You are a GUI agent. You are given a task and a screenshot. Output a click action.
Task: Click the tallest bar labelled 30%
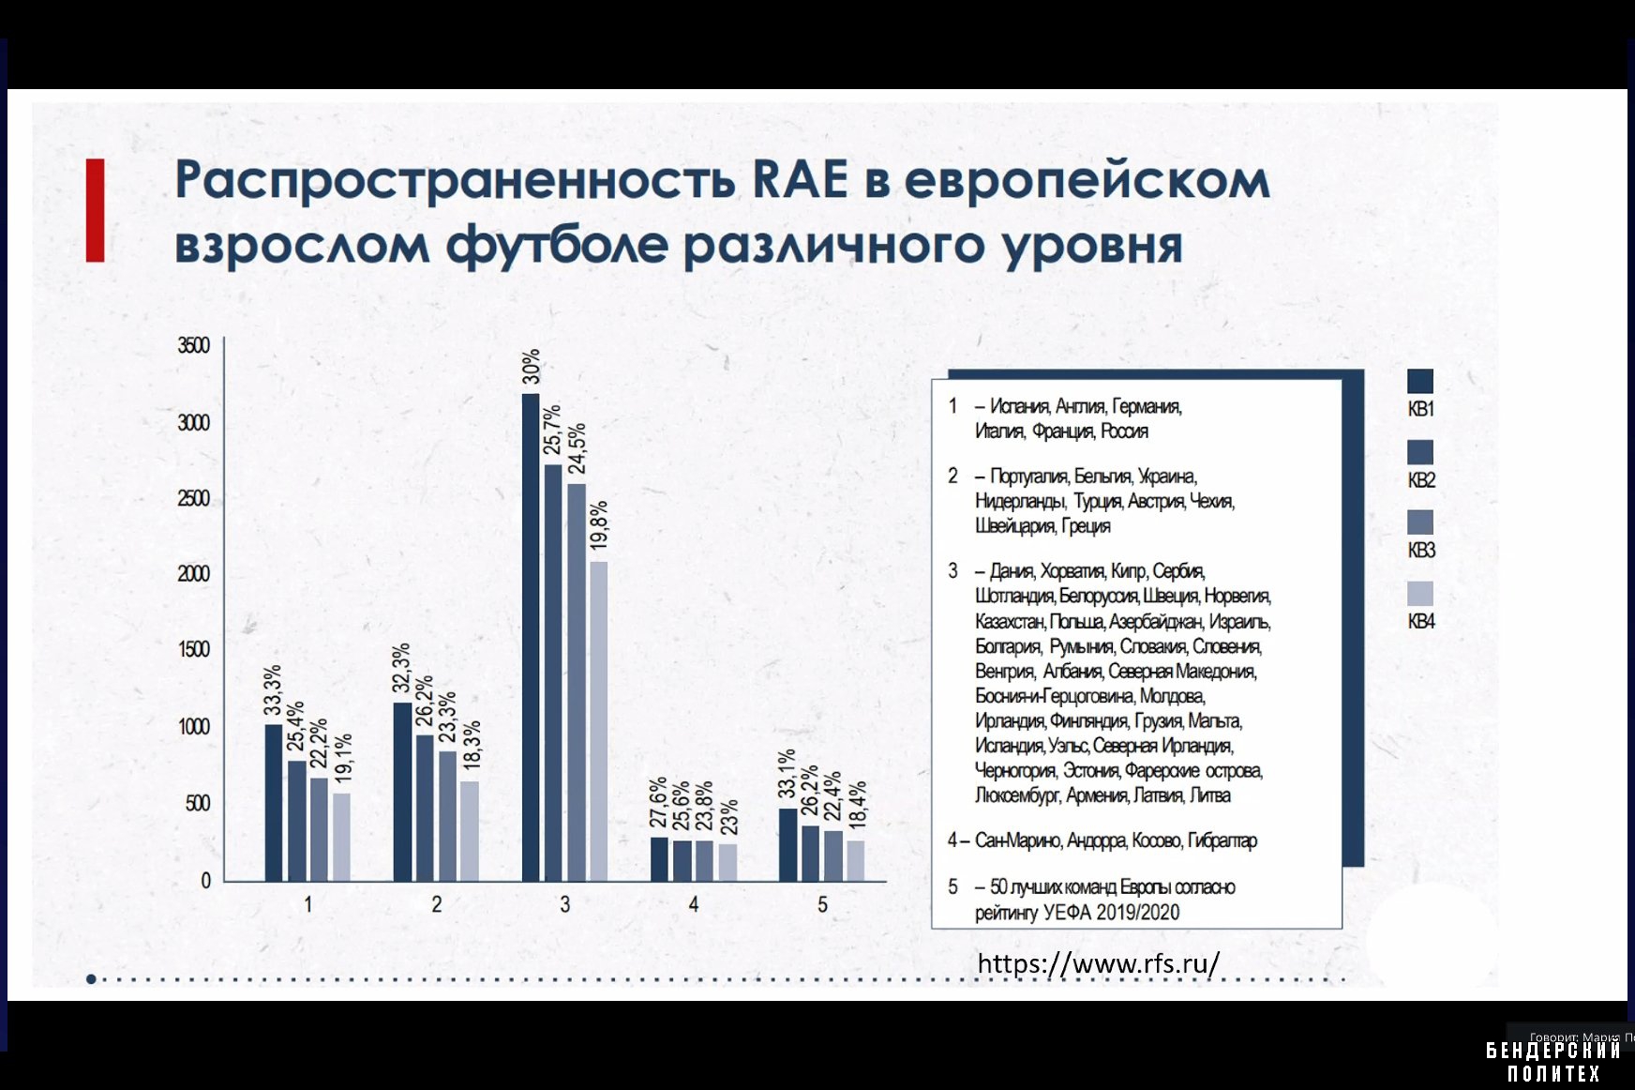[531, 638]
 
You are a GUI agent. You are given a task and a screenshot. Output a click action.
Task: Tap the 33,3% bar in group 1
[273, 802]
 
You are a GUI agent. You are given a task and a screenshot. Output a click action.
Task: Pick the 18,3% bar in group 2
[469, 830]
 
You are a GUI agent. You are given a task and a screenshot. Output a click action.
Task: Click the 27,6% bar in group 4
[659, 858]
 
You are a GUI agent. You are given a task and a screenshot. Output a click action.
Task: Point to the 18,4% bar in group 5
[855, 860]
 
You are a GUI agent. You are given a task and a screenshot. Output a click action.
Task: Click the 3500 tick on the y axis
[194, 345]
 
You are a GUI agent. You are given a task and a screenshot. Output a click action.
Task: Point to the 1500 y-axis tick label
[194, 649]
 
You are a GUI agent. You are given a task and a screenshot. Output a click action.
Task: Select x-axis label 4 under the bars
[693, 904]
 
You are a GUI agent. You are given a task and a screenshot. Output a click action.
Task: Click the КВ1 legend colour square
[1419, 381]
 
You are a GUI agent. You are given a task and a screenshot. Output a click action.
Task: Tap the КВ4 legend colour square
[1419, 593]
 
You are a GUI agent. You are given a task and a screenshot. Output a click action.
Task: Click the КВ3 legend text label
[1421, 551]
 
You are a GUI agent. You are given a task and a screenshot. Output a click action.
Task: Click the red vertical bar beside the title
[95, 210]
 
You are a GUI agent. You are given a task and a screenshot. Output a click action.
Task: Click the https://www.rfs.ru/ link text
[1098, 963]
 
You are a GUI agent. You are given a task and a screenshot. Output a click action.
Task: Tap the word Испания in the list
[1019, 406]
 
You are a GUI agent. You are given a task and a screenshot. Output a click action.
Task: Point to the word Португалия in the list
[1028, 477]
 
